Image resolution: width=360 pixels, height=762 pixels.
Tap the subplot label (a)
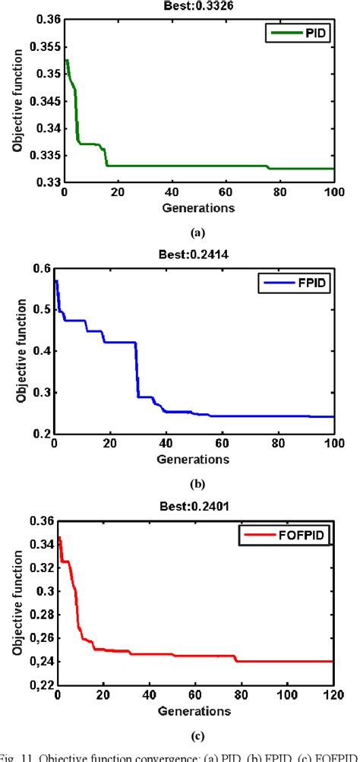[x=198, y=233]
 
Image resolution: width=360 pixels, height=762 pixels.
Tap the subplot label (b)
[x=198, y=483]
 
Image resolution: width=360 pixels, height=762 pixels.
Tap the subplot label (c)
[x=198, y=734]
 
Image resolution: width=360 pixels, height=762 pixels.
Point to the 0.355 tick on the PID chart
[x=44, y=47]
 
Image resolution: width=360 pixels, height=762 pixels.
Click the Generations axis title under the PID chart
[x=198, y=207]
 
